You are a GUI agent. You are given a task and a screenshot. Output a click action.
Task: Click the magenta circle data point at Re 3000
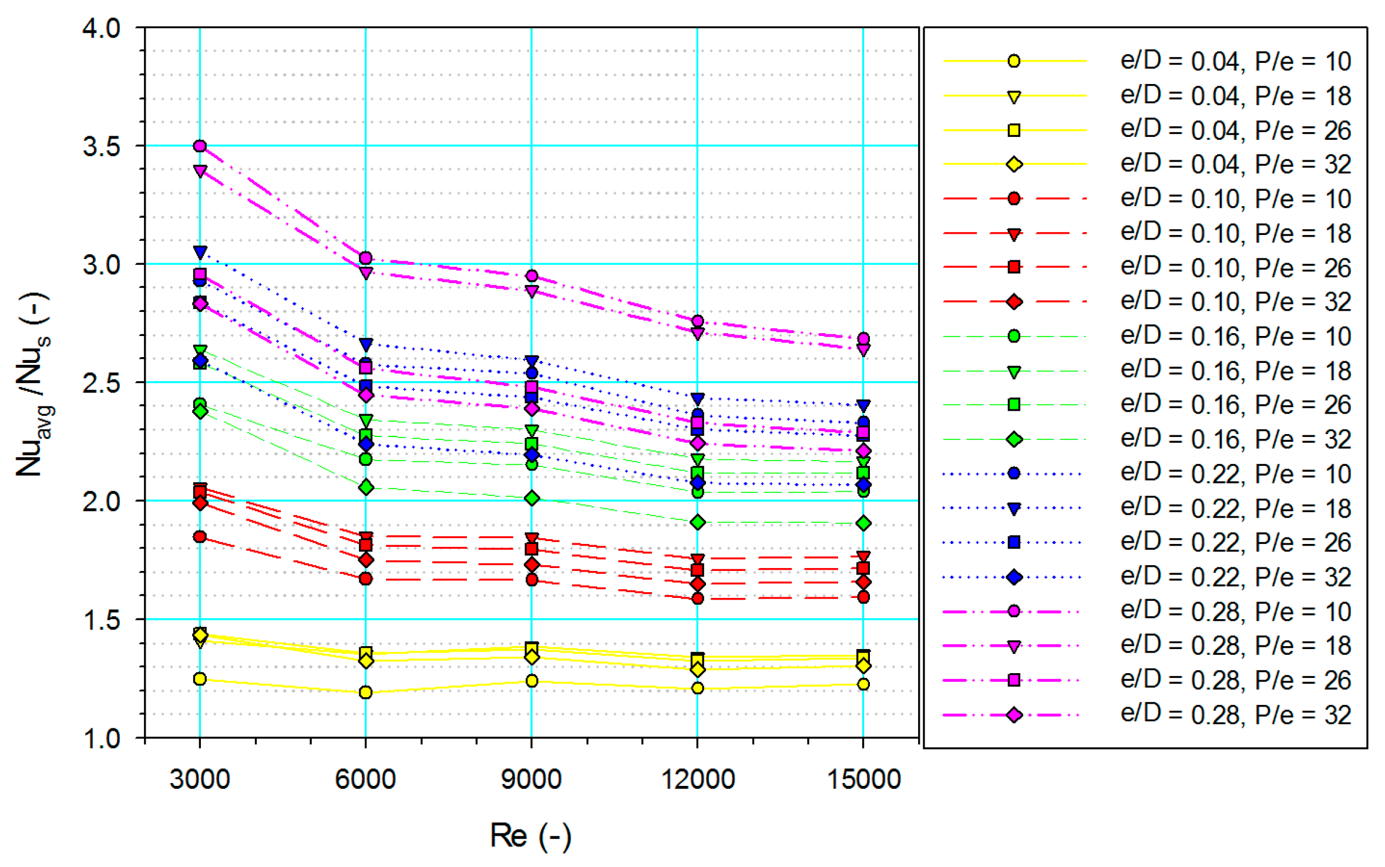click(200, 146)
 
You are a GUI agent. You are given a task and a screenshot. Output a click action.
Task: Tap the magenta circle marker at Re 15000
click(863, 339)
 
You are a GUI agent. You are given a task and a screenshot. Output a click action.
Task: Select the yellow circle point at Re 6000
click(365, 693)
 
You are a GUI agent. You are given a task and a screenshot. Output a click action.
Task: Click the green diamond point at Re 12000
click(698, 522)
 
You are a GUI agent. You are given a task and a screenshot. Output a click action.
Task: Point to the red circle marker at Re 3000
click(200, 536)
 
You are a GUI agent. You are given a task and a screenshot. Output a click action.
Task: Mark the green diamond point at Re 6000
click(365, 488)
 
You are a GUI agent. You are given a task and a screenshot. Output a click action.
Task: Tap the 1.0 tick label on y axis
click(102, 738)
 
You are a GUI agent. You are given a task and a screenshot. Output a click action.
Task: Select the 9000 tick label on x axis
click(531, 779)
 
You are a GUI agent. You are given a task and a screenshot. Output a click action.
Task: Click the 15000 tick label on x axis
click(863, 779)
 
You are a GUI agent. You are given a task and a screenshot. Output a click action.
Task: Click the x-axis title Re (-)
click(530, 835)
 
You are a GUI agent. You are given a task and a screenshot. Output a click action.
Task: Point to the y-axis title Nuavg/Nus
click(34, 385)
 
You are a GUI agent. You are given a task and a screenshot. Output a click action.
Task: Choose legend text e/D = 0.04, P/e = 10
click(1235, 61)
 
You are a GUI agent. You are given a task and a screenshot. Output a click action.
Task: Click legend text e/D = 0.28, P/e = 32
click(1235, 715)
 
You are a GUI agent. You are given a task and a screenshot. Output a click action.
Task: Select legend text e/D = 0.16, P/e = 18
click(1235, 371)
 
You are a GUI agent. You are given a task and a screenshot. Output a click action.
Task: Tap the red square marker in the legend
click(1014, 267)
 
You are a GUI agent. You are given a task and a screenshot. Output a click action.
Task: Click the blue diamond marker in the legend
click(1014, 577)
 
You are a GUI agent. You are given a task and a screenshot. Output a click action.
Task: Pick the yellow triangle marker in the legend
click(1014, 97)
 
